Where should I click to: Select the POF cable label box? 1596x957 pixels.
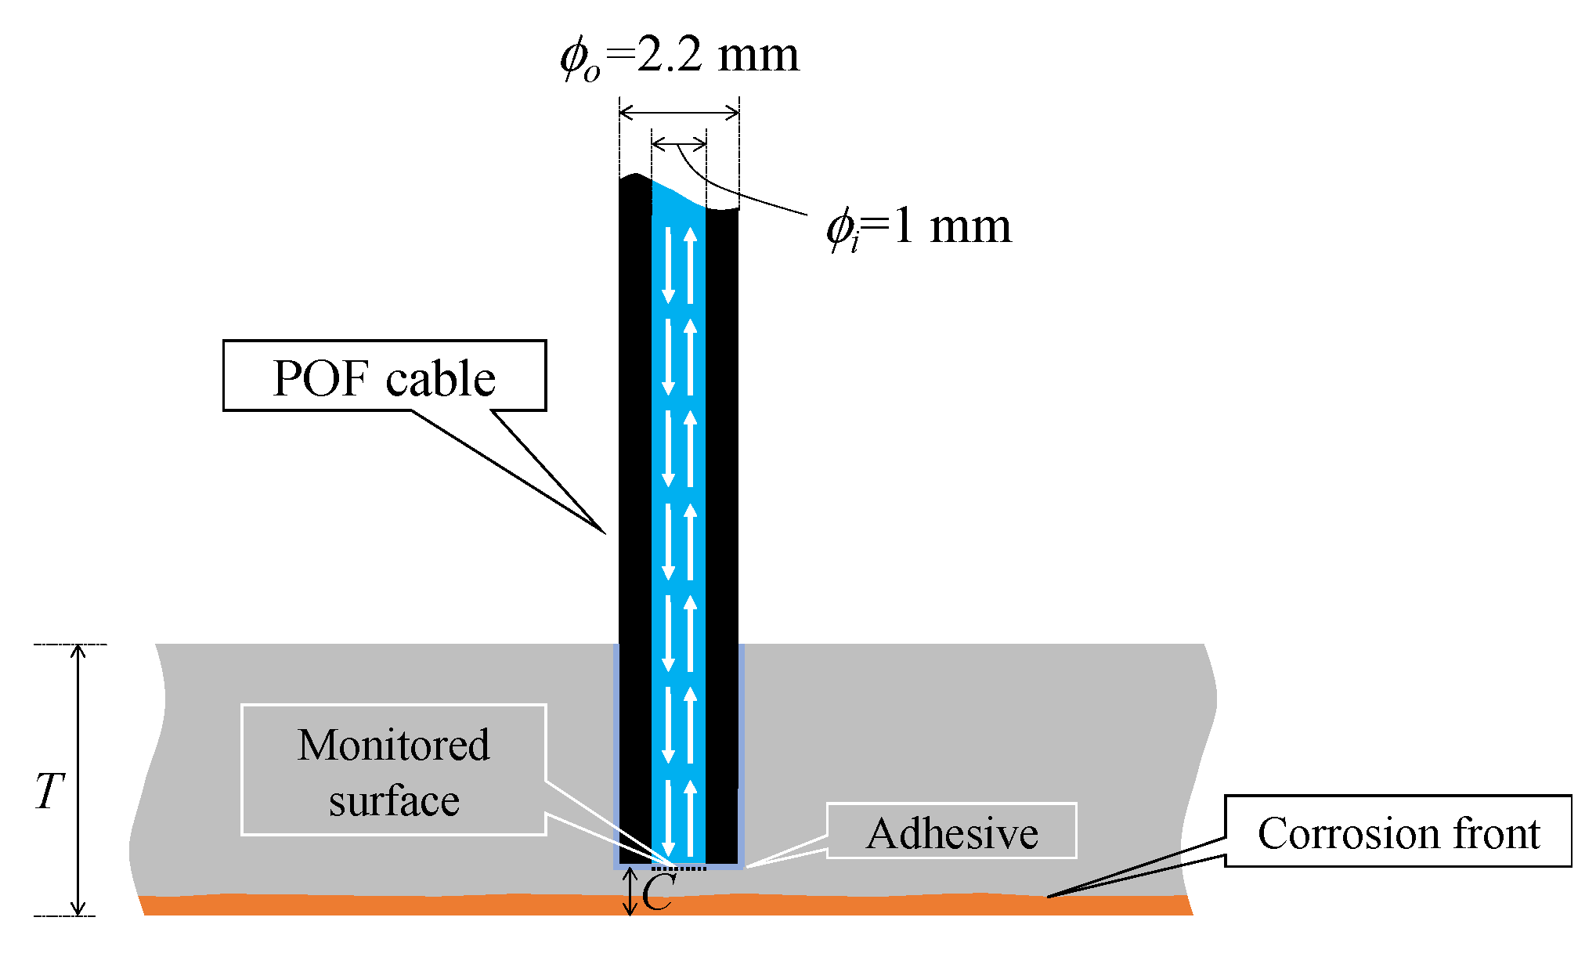coord(384,376)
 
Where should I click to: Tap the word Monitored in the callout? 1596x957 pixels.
coord(393,745)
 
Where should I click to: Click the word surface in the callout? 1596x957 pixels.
coord(393,801)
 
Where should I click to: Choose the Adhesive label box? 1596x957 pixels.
coord(951,832)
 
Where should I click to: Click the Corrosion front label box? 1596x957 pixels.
coord(1398,832)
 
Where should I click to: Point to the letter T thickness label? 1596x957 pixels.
coord(49,791)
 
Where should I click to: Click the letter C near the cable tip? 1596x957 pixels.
coord(657,893)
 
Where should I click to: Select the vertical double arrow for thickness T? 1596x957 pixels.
coord(78,779)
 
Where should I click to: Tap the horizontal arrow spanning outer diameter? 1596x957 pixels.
coord(679,114)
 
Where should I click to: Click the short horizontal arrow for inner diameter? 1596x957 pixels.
coord(679,143)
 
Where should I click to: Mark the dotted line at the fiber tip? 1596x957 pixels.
coord(679,868)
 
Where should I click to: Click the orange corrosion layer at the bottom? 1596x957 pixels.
coord(666,906)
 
